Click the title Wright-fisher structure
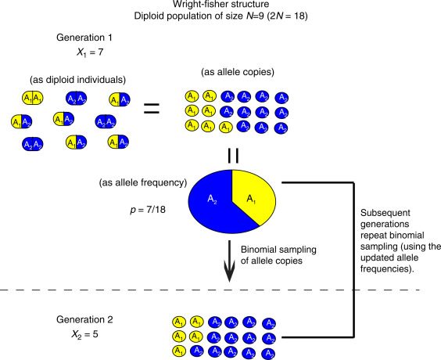220,4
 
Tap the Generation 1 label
84,38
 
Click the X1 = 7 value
90,52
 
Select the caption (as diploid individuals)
77,80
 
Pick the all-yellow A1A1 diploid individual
33,98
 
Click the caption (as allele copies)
238,72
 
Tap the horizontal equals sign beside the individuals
152,109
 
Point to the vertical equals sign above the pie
233,156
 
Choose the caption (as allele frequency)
143,182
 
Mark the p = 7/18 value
148,210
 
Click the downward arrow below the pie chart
230,261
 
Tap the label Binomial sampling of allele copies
278,255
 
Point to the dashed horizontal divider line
211,290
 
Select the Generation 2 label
84,319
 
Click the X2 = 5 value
84,334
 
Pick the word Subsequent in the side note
385,213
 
